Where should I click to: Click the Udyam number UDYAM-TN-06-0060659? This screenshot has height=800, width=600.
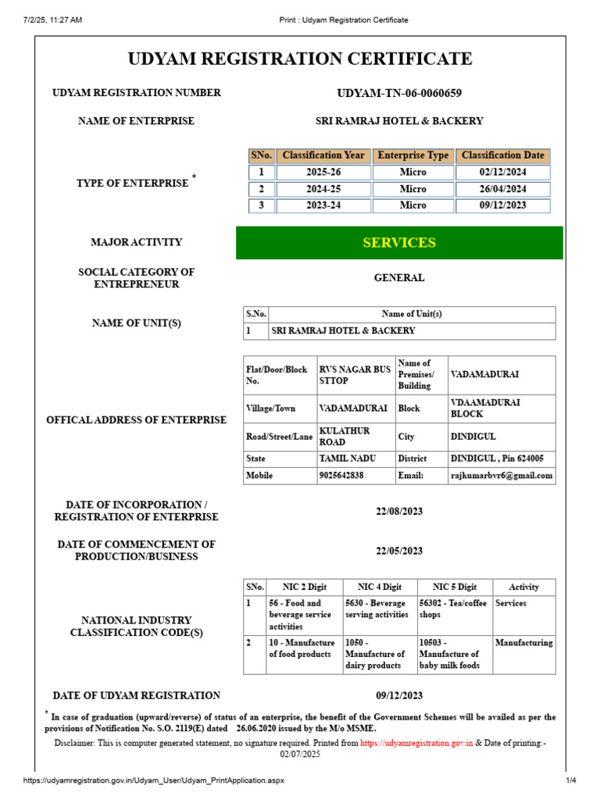pos(398,93)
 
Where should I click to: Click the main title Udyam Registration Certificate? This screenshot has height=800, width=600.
pos(299,59)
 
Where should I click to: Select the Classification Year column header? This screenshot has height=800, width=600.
pos(323,155)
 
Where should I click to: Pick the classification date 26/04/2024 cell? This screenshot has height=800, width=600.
pos(502,189)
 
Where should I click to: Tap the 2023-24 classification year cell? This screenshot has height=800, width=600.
pos(323,205)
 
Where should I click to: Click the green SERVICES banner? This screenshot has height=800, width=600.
pos(398,243)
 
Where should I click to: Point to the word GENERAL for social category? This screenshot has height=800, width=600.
pos(398,277)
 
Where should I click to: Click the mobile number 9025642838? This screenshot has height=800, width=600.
pos(341,475)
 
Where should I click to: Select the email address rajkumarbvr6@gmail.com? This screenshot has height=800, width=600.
pos(501,475)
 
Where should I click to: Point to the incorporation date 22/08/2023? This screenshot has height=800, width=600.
pos(398,511)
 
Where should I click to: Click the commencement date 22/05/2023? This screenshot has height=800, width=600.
pos(398,551)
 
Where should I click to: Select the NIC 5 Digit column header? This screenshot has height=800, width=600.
pos(454,587)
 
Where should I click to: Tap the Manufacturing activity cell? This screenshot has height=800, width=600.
pos(523,643)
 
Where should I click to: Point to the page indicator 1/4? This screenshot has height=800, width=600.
pos(570,781)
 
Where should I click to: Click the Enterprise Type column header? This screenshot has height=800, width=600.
pos(412,155)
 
